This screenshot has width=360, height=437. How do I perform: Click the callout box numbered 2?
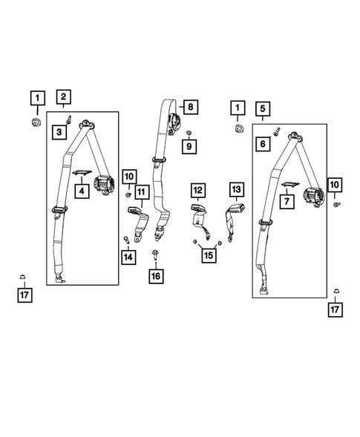(x=64, y=96)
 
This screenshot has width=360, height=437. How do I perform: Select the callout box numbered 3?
(x=58, y=132)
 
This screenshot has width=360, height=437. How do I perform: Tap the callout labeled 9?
(x=189, y=147)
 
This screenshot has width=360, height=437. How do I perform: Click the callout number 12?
(x=198, y=190)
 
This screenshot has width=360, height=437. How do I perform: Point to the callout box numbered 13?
(x=236, y=190)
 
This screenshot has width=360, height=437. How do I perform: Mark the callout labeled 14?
(x=128, y=257)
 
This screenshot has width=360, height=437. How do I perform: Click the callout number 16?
(x=155, y=275)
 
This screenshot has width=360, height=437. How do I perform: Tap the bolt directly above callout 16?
(x=155, y=254)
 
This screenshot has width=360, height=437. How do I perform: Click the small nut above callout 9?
(x=189, y=132)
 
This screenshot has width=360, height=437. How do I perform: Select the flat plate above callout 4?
(x=82, y=174)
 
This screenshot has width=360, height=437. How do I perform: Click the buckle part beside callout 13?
(x=234, y=219)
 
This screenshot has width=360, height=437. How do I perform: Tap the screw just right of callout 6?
(x=277, y=134)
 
